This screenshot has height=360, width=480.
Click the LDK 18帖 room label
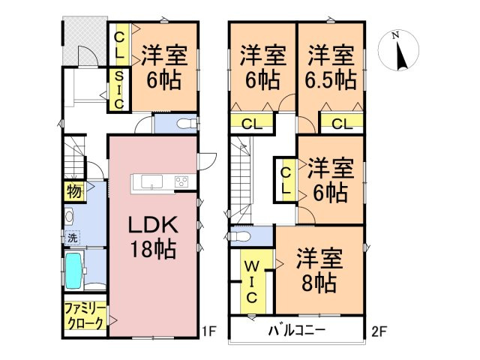coord(155,236)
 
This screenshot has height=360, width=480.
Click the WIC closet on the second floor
coord(251,281)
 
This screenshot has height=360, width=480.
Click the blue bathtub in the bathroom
coord(73,271)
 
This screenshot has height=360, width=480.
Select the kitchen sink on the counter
coord(146,181)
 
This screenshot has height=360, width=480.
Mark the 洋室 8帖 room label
coord(319,271)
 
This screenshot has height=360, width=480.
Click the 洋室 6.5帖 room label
coord(331,67)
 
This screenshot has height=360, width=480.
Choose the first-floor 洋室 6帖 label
coord(164,67)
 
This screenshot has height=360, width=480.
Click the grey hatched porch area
coord(75,40)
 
